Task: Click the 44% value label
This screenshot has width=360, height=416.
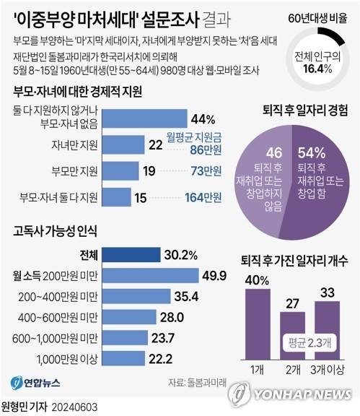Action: [x=201, y=118]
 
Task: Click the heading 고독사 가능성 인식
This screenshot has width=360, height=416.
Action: [x=55, y=233]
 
